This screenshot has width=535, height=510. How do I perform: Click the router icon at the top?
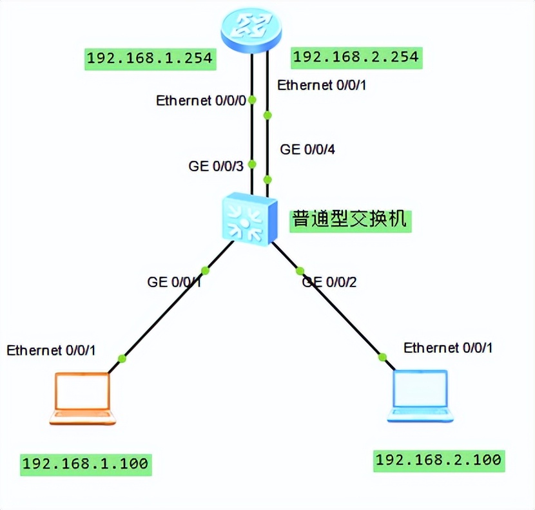[x=251, y=27]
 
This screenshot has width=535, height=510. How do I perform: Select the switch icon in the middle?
[x=248, y=219]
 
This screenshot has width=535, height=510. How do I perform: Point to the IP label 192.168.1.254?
[x=150, y=58]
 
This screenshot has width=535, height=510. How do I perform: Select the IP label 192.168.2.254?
[x=356, y=57]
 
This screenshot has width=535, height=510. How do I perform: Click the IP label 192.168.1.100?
[x=86, y=463]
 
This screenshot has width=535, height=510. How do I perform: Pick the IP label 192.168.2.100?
[x=438, y=460]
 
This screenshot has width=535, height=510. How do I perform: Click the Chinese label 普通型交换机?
[x=350, y=219]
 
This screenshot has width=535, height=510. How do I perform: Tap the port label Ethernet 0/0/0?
[x=201, y=100]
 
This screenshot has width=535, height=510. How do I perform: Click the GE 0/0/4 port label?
[x=307, y=149]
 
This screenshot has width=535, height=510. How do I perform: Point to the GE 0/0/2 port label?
[x=329, y=281]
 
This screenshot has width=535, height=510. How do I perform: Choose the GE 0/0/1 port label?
[x=174, y=281]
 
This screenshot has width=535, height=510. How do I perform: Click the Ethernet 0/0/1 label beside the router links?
[x=321, y=84]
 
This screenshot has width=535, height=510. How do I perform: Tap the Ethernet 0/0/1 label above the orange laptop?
[x=51, y=350]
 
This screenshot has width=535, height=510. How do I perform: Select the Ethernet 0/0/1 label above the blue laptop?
[x=448, y=348]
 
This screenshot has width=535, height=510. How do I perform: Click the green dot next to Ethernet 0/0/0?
[x=253, y=100]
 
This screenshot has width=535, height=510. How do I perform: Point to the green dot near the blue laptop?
[x=382, y=357]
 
